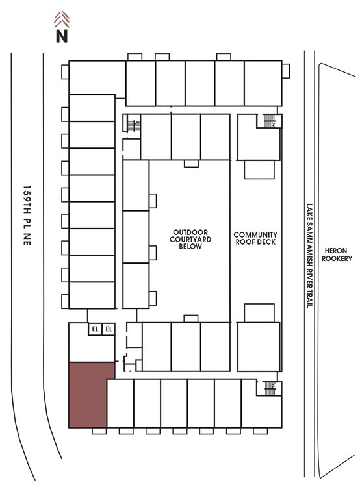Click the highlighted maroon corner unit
[x=88, y=395]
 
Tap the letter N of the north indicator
[x=62, y=36]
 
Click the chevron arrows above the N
[x=62, y=19]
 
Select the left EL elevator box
[x=95, y=329]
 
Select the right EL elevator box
[x=109, y=329]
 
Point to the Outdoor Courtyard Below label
[x=190, y=239]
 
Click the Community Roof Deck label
[x=255, y=238]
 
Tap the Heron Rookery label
[x=337, y=255]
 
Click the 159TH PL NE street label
[x=27, y=216]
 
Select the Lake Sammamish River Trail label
[x=309, y=256]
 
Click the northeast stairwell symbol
[x=270, y=121]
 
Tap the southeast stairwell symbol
[x=270, y=388]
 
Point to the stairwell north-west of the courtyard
[x=134, y=126]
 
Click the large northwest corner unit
[x=97, y=78]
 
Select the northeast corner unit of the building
[x=263, y=83]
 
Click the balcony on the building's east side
[x=286, y=71]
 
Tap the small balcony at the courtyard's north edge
[x=191, y=164]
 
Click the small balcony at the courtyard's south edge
[x=191, y=319]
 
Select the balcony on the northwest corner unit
[x=65, y=71]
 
